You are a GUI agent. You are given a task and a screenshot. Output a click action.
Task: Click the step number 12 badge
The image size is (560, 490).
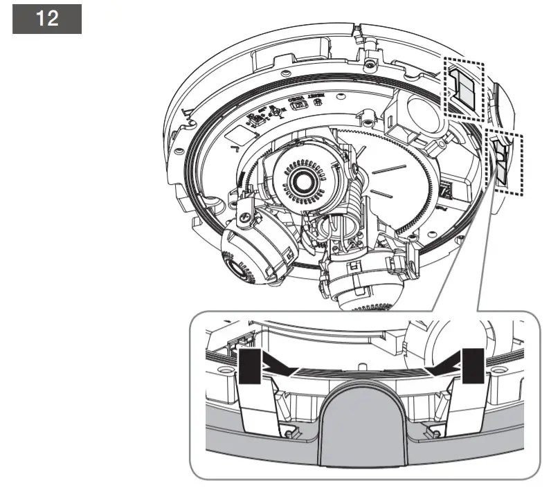[x=47, y=18]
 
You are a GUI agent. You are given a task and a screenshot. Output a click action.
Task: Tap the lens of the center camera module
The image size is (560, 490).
[x=302, y=181]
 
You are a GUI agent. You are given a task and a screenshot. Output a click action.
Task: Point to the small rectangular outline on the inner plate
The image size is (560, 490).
[x=298, y=106]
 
